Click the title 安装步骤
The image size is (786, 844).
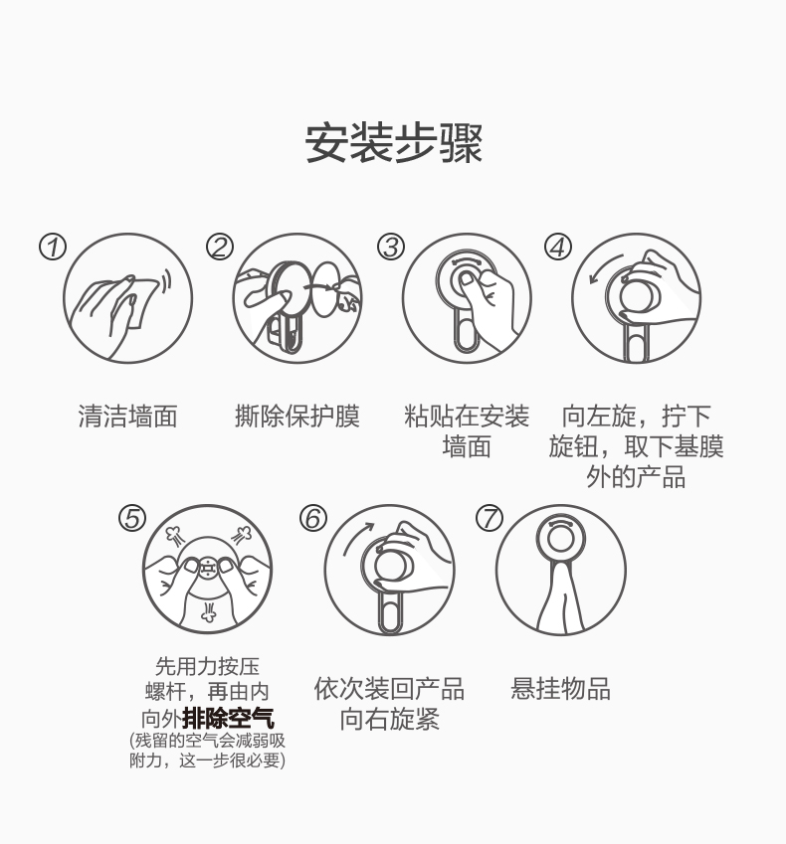393,143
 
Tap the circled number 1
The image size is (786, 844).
53,248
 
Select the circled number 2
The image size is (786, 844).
220,248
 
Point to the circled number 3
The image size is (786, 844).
391,248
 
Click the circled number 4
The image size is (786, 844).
557,248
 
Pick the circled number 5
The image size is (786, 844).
132,518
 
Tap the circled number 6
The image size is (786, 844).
313,518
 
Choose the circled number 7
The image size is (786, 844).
490,518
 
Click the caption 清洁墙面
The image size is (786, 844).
127,417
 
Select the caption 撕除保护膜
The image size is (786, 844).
297,417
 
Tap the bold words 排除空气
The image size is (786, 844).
229,718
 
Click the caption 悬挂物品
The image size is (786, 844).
561,689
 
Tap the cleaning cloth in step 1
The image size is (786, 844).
141,301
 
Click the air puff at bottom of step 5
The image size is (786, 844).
208,611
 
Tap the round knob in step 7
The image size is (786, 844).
560,538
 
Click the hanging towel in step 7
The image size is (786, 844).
560,595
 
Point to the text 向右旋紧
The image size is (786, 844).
389,719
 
